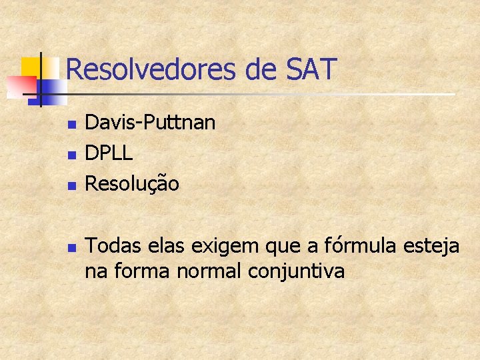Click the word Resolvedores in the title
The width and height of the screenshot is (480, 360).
[150, 70]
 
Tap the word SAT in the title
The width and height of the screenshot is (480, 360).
[311, 69]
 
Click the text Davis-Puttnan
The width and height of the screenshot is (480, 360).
[151, 123]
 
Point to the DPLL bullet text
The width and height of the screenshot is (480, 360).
[109, 153]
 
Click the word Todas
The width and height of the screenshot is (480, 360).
[111, 247]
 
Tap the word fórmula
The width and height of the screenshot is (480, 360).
[361, 247]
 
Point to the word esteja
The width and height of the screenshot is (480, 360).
[431, 247]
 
